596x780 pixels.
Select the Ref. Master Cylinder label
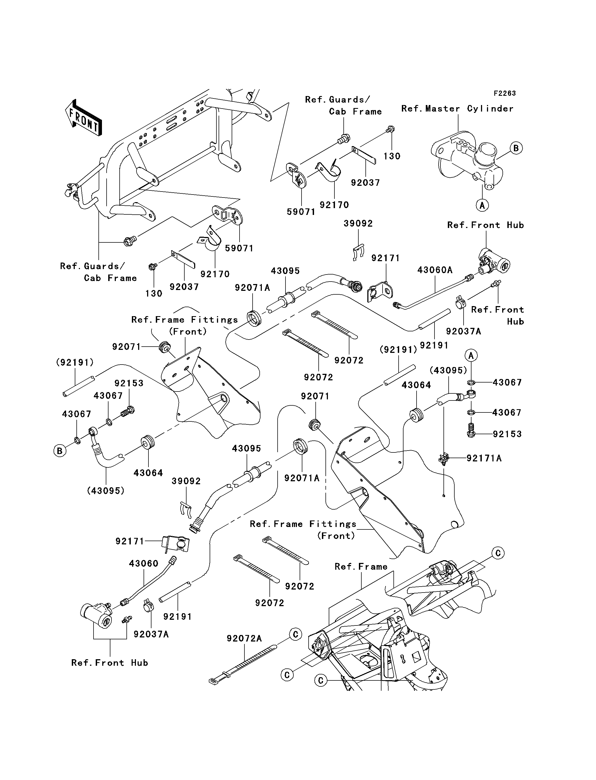point(457,109)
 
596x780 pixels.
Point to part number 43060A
point(435,270)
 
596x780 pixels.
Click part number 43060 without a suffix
point(143,563)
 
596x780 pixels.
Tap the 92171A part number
point(484,458)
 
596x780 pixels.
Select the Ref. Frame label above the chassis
point(361,567)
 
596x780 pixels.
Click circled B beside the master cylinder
point(516,148)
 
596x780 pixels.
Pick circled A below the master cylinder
point(482,205)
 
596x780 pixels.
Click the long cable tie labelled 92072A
point(245,661)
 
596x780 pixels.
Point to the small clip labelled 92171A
point(444,459)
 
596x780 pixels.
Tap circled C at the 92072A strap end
point(296,634)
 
